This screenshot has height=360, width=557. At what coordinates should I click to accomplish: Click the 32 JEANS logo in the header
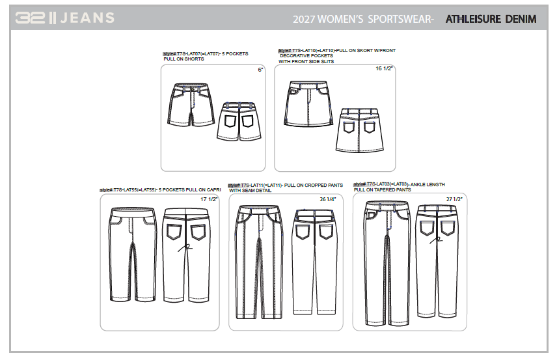[x=65, y=18]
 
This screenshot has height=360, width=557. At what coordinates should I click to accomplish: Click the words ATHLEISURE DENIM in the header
[x=491, y=19]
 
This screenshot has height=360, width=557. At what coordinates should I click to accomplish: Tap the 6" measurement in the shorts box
[x=260, y=69]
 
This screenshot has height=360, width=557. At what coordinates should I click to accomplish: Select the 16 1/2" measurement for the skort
[x=385, y=68]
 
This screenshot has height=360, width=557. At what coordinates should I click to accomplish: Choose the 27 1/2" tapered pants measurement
[x=454, y=199]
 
